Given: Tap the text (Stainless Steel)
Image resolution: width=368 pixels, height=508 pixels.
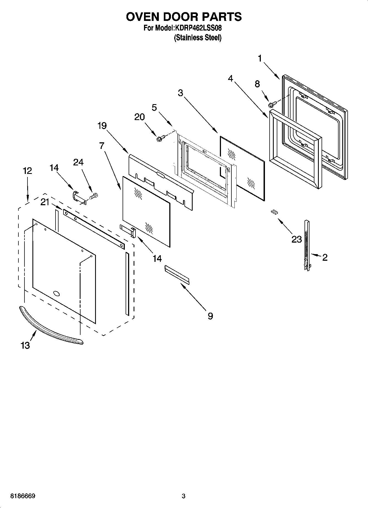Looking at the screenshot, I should (x=198, y=38).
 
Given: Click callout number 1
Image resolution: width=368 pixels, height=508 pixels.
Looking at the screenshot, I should (x=260, y=58).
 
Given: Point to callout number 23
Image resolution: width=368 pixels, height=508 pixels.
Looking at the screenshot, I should (x=297, y=239).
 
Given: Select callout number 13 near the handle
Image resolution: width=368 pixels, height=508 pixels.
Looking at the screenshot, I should (x=25, y=345).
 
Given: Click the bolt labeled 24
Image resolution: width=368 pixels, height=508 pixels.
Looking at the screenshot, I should (x=94, y=196).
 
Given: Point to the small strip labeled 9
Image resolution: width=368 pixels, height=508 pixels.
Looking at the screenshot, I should (x=177, y=274).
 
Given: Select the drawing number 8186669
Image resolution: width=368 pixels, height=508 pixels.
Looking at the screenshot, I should (x=23, y=496).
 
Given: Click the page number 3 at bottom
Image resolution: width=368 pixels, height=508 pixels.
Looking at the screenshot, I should (x=184, y=496).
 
